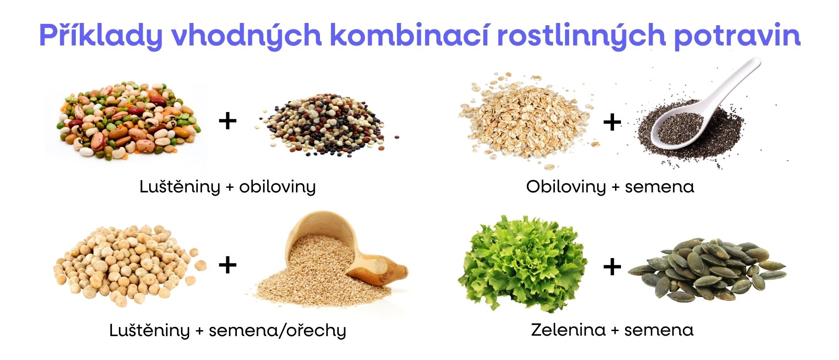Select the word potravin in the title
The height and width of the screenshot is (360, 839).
[737, 35]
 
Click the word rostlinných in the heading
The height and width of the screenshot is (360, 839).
[581, 35]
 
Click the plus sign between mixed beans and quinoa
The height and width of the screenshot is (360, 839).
[228, 121]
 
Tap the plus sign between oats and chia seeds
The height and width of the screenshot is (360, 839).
[612, 122]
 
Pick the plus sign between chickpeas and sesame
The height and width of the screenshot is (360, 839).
[228, 265]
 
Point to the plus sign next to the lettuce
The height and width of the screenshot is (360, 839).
[612, 266]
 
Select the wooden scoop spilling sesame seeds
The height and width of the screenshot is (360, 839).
[340, 248]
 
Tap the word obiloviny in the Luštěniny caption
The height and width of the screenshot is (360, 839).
[277, 187]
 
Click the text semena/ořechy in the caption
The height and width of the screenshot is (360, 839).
[277, 331]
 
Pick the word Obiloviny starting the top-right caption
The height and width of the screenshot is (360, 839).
[566, 187]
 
